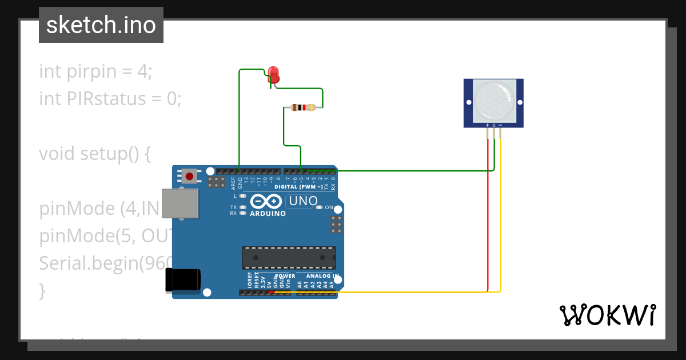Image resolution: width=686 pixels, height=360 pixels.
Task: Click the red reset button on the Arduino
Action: point(189,175)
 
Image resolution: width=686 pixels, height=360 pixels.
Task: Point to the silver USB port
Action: point(180,203)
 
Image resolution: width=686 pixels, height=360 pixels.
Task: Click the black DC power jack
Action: point(183,280)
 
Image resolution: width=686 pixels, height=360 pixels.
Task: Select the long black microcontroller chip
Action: point(289,258)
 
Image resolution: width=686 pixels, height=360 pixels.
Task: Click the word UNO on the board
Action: point(303,201)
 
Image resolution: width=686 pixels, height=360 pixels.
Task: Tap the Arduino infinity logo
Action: point(266,202)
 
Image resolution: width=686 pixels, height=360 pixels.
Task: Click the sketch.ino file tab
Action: point(101,25)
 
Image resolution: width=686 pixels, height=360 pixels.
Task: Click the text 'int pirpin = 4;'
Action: point(96,71)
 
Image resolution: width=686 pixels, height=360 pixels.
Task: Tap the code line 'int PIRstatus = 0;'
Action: point(110,99)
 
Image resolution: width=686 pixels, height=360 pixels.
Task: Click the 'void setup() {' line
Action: point(95,154)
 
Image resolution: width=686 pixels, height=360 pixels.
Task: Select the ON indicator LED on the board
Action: point(319,207)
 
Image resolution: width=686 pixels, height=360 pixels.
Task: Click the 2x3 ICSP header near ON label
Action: point(336,224)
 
